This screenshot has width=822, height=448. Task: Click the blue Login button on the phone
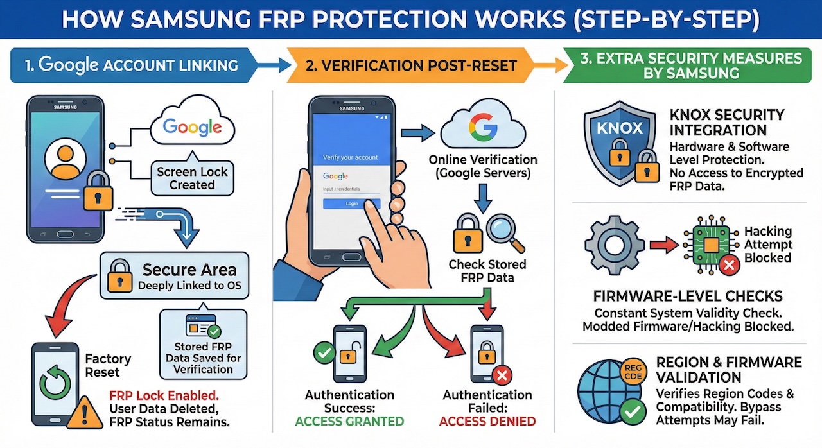(351, 203)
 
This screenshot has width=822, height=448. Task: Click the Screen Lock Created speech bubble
(192, 178)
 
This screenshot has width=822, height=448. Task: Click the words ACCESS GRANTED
(349, 422)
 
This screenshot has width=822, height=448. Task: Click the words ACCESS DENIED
(487, 422)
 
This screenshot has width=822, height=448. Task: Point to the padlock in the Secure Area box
(120, 277)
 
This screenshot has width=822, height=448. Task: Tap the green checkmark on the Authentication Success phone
(323, 352)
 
